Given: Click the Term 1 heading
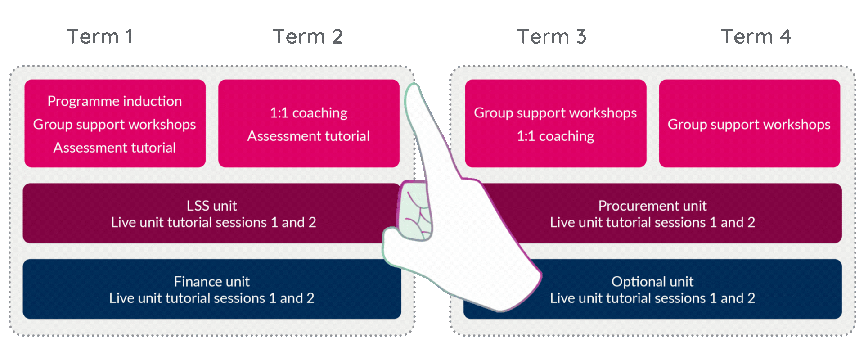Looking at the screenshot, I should pyautogui.click(x=100, y=36).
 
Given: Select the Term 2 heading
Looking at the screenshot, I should pyautogui.click(x=308, y=36).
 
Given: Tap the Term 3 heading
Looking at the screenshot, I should pyautogui.click(x=552, y=36).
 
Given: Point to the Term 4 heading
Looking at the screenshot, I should pyautogui.click(x=756, y=36).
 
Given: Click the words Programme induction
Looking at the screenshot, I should pyautogui.click(x=115, y=101).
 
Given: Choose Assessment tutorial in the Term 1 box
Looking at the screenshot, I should pyautogui.click(x=115, y=148).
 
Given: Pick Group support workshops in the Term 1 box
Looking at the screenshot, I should pyautogui.click(x=115, y=124).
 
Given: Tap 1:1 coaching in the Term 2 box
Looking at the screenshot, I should pyautogui.click(x=309, y=112).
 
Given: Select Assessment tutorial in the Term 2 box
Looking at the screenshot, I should pyautogui.click(x=309, y=136).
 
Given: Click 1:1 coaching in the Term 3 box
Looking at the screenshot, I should pyautogui.click(x=555, y=136).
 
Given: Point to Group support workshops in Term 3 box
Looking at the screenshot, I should pyautogui.click(x=555, y=112).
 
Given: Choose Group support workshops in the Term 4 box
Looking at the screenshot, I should pyautogui.click(x=749, y=124).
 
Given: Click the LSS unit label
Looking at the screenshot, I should pyautogui.click(x=211, y=206).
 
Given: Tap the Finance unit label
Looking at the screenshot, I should pyautogui.click(x=211, y=281).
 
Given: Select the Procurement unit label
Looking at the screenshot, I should pyautogui.click(x=652, y=206).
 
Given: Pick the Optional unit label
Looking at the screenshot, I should pyautogui.click(x=652, y=281).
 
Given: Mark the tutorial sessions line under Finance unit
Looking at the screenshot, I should pyautogui.click(x=211, y=298).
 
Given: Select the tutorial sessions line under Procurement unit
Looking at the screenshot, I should pyautogui.click(x=652, y=222).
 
